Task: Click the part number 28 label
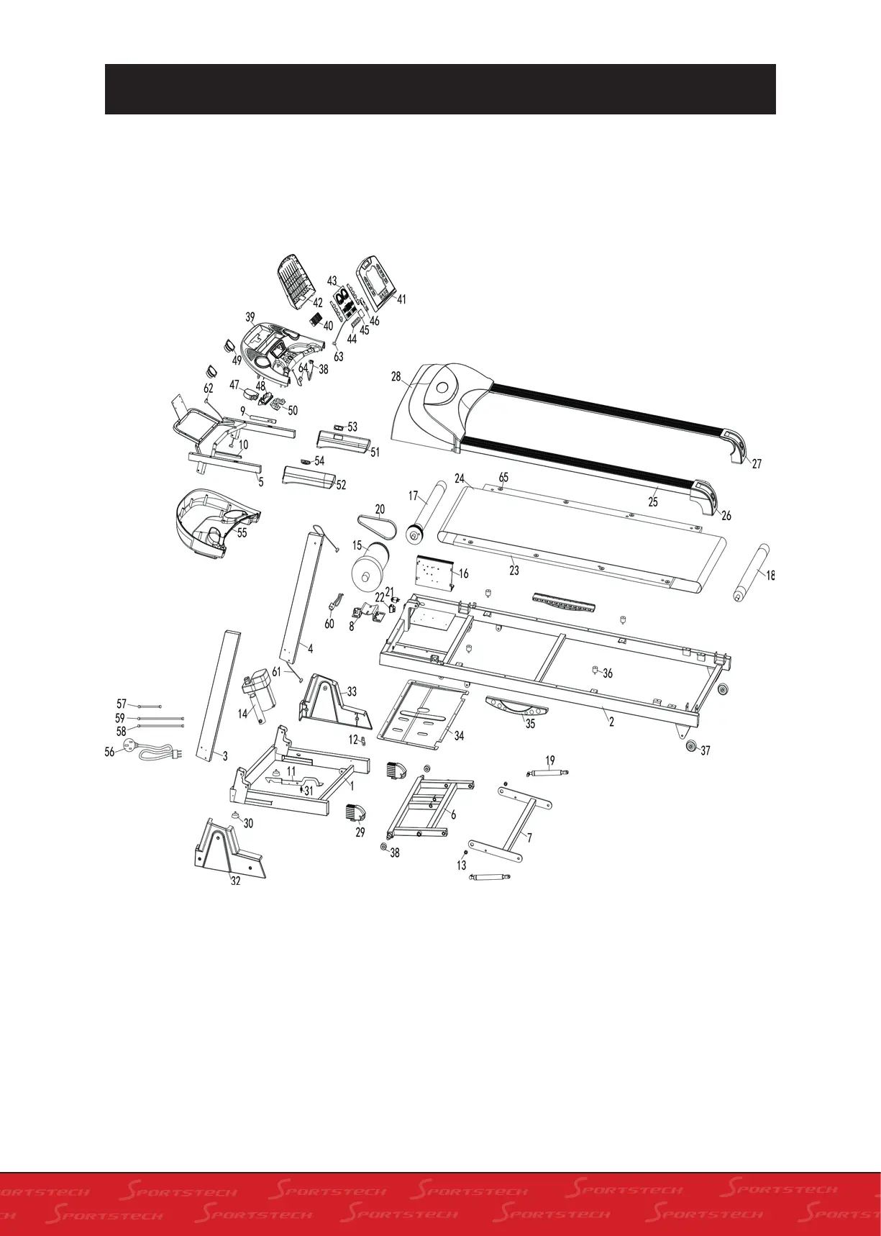click(x=396, y=377)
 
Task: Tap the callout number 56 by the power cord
click(x=109, y=752)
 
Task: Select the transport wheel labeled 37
click(x=690, y=746)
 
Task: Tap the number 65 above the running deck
click(x=503, y=478)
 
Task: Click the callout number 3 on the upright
click(x=224, y=756)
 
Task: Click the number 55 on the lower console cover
click(x=242, y=532)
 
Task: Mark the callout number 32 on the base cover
click(x=235, y=881)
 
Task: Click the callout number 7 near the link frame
click(x=529, y=838)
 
